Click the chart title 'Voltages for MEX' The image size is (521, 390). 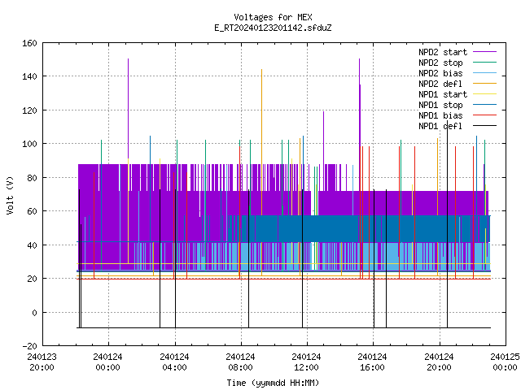coord(273,17)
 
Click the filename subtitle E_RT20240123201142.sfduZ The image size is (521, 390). coord(273,28)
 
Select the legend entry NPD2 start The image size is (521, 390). coord(458,52)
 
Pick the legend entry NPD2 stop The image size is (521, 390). coord(458,63)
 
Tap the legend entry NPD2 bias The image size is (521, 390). coord(458,73)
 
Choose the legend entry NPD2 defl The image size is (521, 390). coord(458,84)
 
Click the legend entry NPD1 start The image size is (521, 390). coord(458,94)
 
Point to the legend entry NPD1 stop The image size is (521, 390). coord(458,105)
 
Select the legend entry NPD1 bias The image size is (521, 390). coord(458,115)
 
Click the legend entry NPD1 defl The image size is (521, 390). coord(458,127)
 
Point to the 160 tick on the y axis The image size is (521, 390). coord(29,43)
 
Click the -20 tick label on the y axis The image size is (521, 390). coord(29,346)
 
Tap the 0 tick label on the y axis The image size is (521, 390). coord(34,312)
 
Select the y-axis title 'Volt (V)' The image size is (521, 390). coord(10,196)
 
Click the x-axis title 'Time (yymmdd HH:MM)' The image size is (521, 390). coord(273,383)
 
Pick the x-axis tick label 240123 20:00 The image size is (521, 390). coord(42,362)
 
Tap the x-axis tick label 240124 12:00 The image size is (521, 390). coord(306,362)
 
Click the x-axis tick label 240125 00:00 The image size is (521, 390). coord(505,362)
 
